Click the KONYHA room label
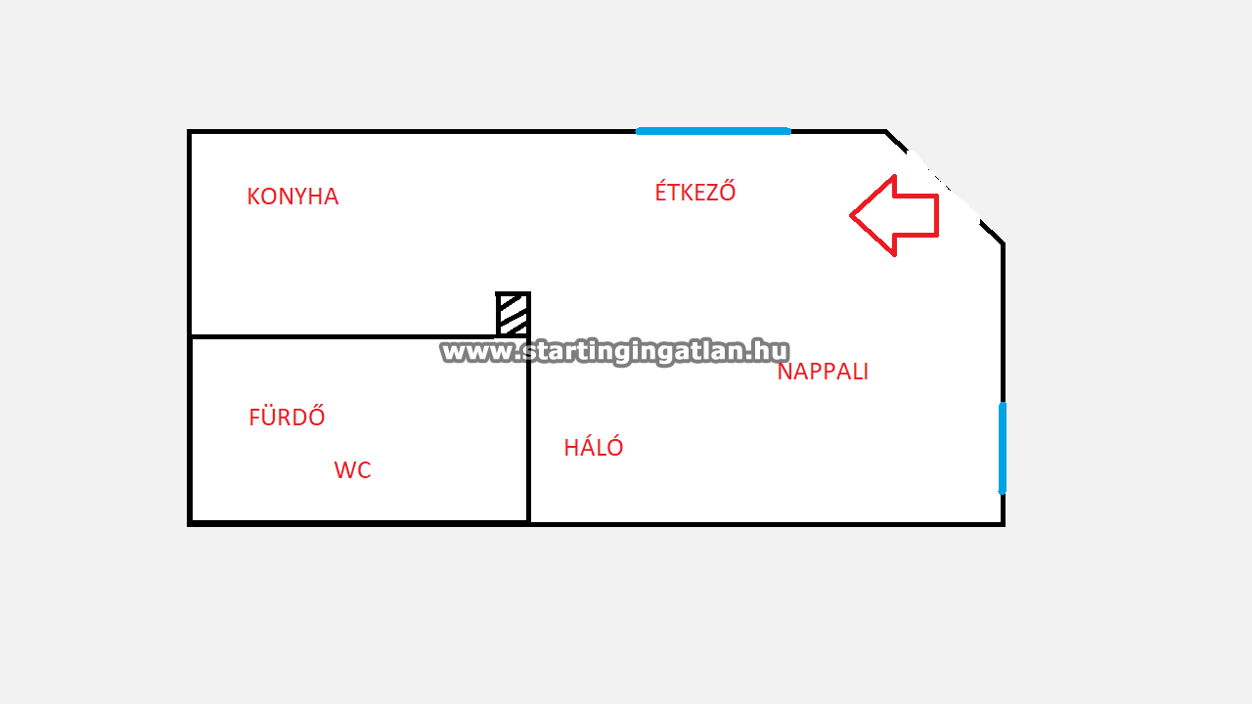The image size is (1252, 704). (292, 197)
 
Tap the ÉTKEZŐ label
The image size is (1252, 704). (694, 192)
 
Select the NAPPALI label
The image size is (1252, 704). (823, 372)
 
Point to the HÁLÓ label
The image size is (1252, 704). (594, 448)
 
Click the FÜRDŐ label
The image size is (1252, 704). (287, 417)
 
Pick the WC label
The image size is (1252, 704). (352, 470)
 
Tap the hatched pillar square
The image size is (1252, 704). (514, 314)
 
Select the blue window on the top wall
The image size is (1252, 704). (713, 131)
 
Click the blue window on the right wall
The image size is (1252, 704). (1003, 448)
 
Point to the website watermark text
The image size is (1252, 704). (614, 351)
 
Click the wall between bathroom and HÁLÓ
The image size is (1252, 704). (529, 430)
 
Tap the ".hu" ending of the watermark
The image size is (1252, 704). (771, 351)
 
